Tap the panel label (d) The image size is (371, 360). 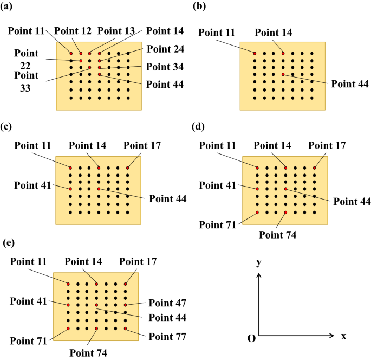coord(198,127)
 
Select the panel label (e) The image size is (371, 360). coord(9,242)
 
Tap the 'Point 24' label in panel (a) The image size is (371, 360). coord(165,49)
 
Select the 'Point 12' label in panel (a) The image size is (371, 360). coord(73,30)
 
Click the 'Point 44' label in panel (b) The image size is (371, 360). coord(350,84)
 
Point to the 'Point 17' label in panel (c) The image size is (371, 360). coord(142,145)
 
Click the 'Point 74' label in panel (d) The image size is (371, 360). coord(278,235)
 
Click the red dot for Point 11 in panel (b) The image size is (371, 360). coord(255,53)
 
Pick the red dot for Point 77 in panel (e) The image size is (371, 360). coord(125,329)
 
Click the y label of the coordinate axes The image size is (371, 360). coord(259,262)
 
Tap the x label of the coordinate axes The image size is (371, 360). coord(343,336)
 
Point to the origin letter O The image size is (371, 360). coord(251,338)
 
